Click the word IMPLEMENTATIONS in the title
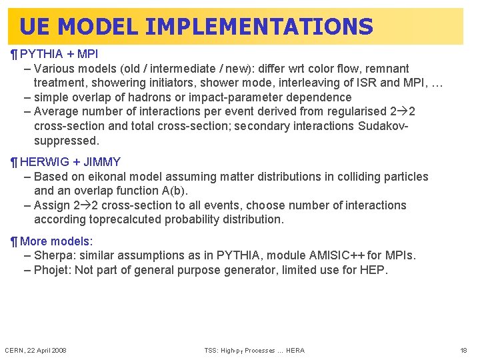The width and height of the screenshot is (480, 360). [x=259, y=27]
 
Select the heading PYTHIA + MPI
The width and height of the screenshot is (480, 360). [x=59, y=53]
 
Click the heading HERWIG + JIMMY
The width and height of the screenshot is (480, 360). [x=70, y=161]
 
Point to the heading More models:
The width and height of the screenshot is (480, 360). [x=57, y=241]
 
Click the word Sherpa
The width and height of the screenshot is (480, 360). [x=53, y=255]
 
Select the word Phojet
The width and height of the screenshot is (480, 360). [x=52, y=270]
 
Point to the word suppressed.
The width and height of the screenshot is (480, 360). [x=66, y=141]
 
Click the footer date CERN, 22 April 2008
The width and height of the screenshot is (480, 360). [x=35, y=351]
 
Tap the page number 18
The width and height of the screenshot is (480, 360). [x=464, y=351]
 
